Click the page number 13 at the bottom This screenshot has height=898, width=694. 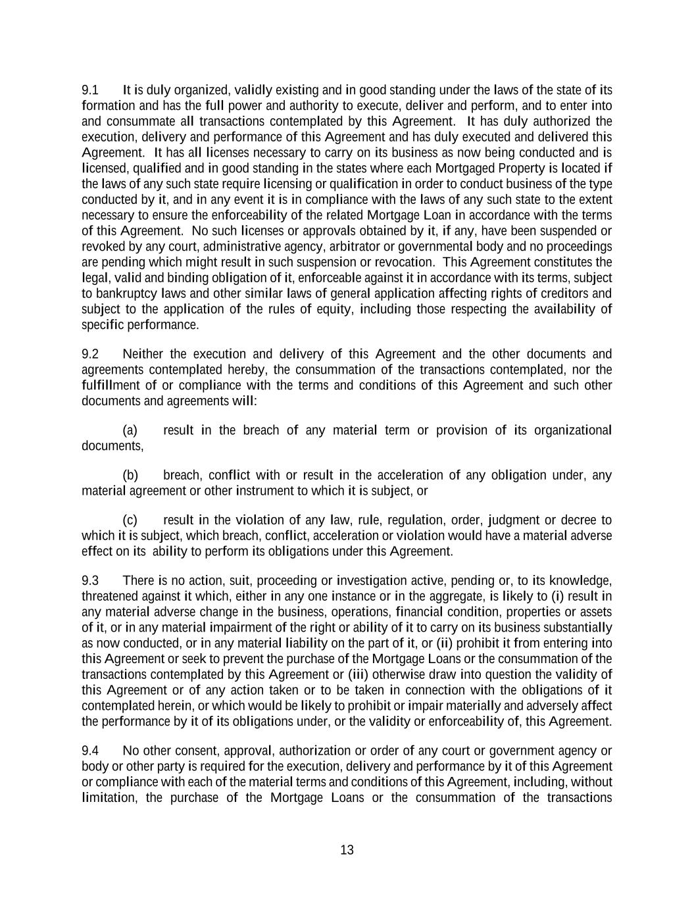347,850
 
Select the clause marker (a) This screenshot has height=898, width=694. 130,431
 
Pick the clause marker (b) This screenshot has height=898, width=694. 130,476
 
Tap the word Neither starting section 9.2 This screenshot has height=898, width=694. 143,355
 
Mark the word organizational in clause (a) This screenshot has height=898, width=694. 572,431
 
